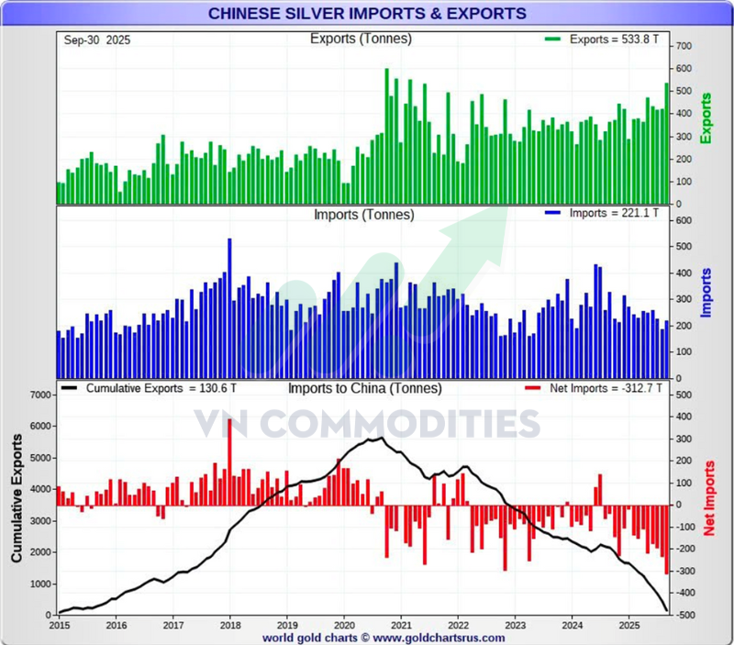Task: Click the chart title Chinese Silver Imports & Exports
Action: coord(367,14)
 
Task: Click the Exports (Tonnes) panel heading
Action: coord(361,39)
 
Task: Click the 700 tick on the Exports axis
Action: coord(684,46)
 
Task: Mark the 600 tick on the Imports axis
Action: coord(684,219)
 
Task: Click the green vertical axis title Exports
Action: coord(706,117)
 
